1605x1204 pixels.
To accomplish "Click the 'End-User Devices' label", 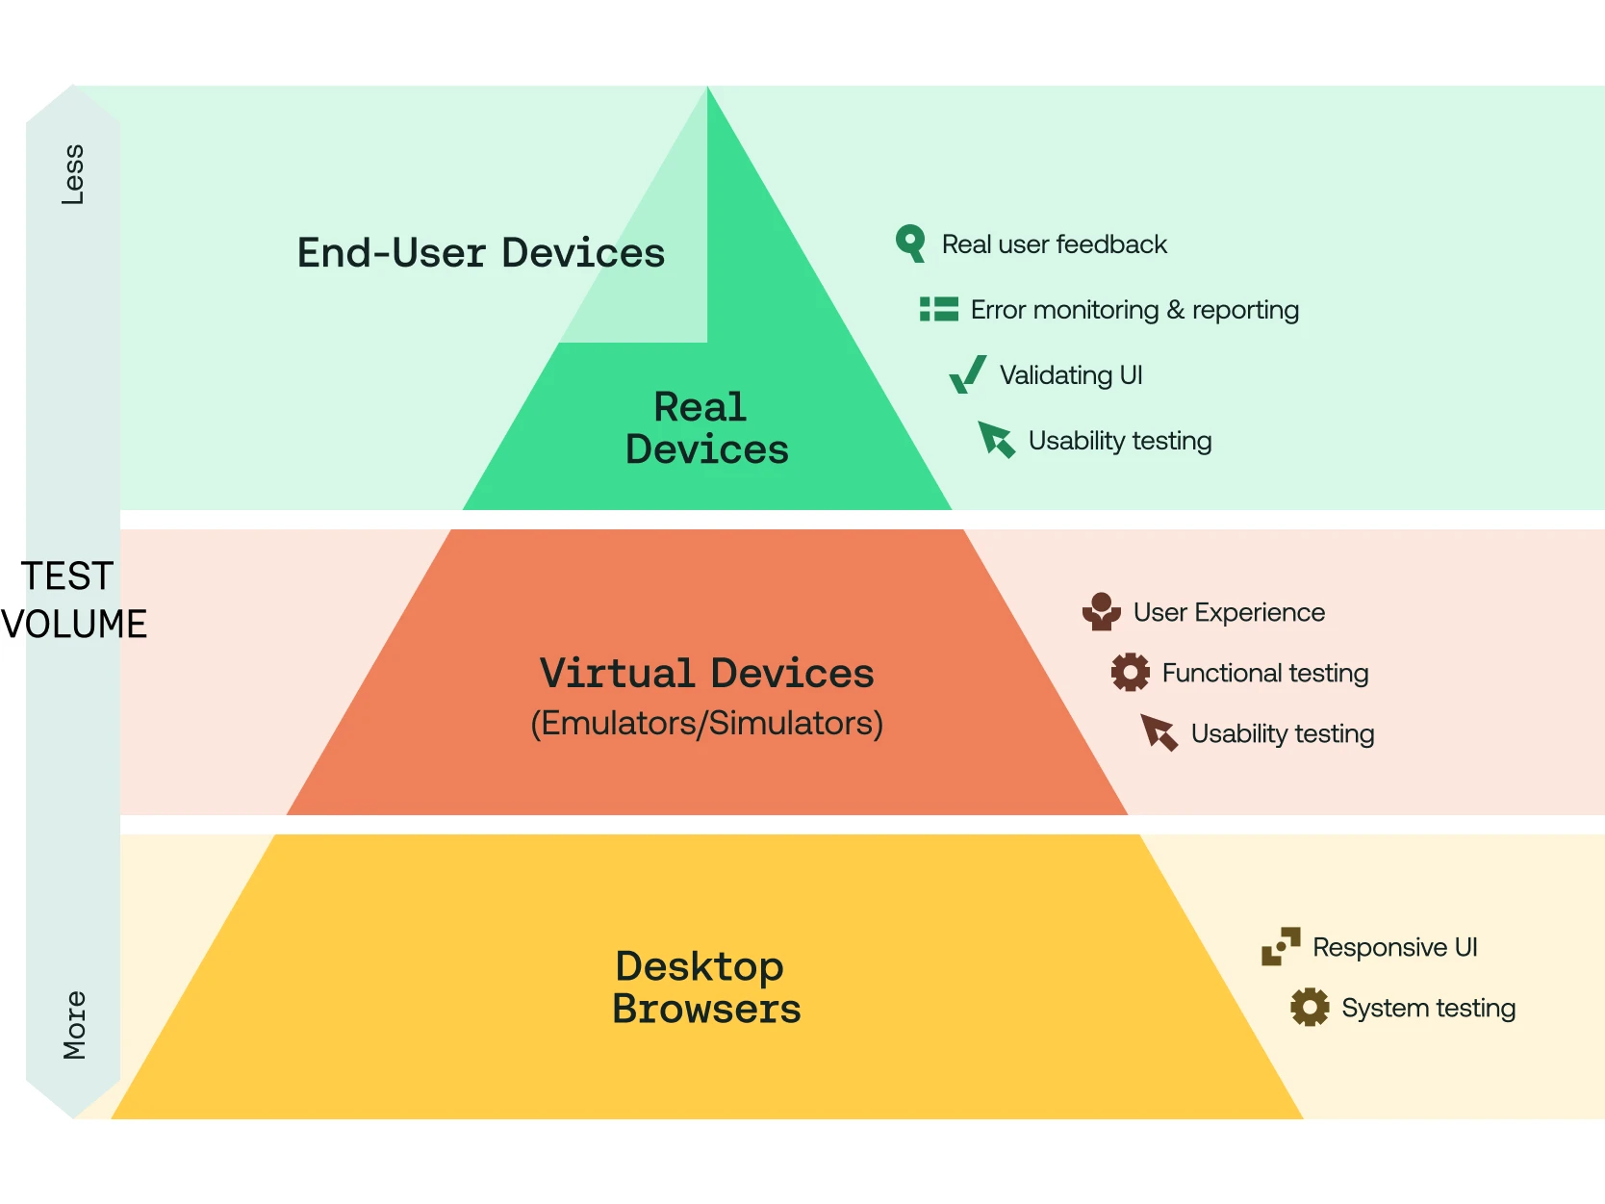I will point(480,253).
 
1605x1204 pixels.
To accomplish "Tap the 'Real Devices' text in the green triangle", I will point(706,428).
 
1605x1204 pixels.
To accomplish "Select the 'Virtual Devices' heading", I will point(706,673).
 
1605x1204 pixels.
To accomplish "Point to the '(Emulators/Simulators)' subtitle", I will point(706,723).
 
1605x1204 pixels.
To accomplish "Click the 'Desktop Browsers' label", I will point(706,987).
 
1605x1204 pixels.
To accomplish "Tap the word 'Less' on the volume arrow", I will point(73,174).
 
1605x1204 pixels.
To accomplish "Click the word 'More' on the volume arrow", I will point(74,1025).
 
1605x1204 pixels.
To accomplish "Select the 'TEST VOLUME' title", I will point(73,600).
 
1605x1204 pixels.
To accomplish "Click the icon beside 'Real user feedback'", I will point(910,243).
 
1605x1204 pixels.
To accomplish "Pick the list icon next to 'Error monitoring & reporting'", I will point(938,309).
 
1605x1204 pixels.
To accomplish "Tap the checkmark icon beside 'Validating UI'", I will point(967,374).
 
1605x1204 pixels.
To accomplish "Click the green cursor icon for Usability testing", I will point(996,440).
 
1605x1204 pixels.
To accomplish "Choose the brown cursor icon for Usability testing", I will point(1159,732).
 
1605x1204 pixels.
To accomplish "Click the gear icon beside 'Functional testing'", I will point(1130,672).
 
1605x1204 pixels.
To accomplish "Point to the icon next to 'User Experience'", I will point(1101,612).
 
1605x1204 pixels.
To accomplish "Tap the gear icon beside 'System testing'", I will point(1309,1007).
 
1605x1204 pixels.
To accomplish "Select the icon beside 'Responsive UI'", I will point(1281,946).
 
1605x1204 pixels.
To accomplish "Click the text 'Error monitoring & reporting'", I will point(1134,310).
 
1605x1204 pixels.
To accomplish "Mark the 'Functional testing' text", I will point(1264,673).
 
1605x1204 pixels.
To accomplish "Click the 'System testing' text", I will point(1428,1008).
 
